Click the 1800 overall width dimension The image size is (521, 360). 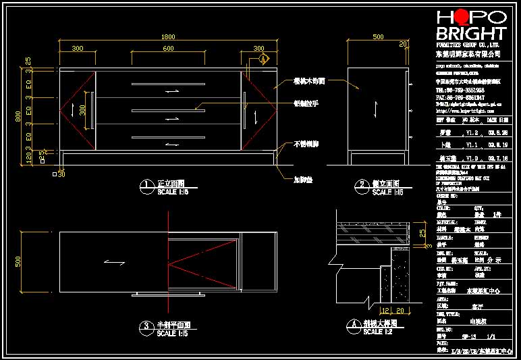pos(168,36)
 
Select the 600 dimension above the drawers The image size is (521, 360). pos(168,49)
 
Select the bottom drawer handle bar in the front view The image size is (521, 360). pos(169,138)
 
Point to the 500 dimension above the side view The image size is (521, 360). pos(378,36)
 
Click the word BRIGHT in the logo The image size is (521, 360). pos(471,34)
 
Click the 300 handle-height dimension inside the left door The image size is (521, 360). pos(83,109)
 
